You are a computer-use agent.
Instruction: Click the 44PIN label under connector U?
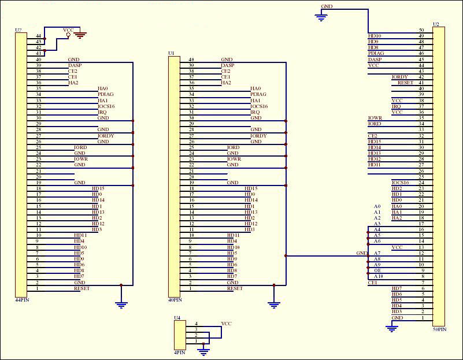21,300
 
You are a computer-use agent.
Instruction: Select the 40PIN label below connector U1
174,300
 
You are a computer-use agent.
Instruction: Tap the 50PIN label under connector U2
439,329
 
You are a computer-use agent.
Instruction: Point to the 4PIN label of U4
179,351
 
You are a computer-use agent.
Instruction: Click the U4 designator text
177,318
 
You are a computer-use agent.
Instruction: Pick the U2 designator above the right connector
435,25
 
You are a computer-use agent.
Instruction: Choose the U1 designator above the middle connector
171,53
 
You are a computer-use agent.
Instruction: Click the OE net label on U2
377,270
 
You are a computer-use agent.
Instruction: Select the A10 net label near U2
378,277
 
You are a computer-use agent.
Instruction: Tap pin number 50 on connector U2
421,30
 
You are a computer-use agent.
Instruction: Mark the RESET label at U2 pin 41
405,83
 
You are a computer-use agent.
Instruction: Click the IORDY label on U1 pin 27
258,136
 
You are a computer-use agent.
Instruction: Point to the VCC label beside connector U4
227,324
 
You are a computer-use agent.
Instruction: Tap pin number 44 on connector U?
39,36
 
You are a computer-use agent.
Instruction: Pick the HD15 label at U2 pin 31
375,142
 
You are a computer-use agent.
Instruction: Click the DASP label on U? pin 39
75,65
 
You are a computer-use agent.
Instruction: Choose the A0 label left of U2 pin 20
377,206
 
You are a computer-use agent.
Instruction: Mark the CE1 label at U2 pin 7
373,283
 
